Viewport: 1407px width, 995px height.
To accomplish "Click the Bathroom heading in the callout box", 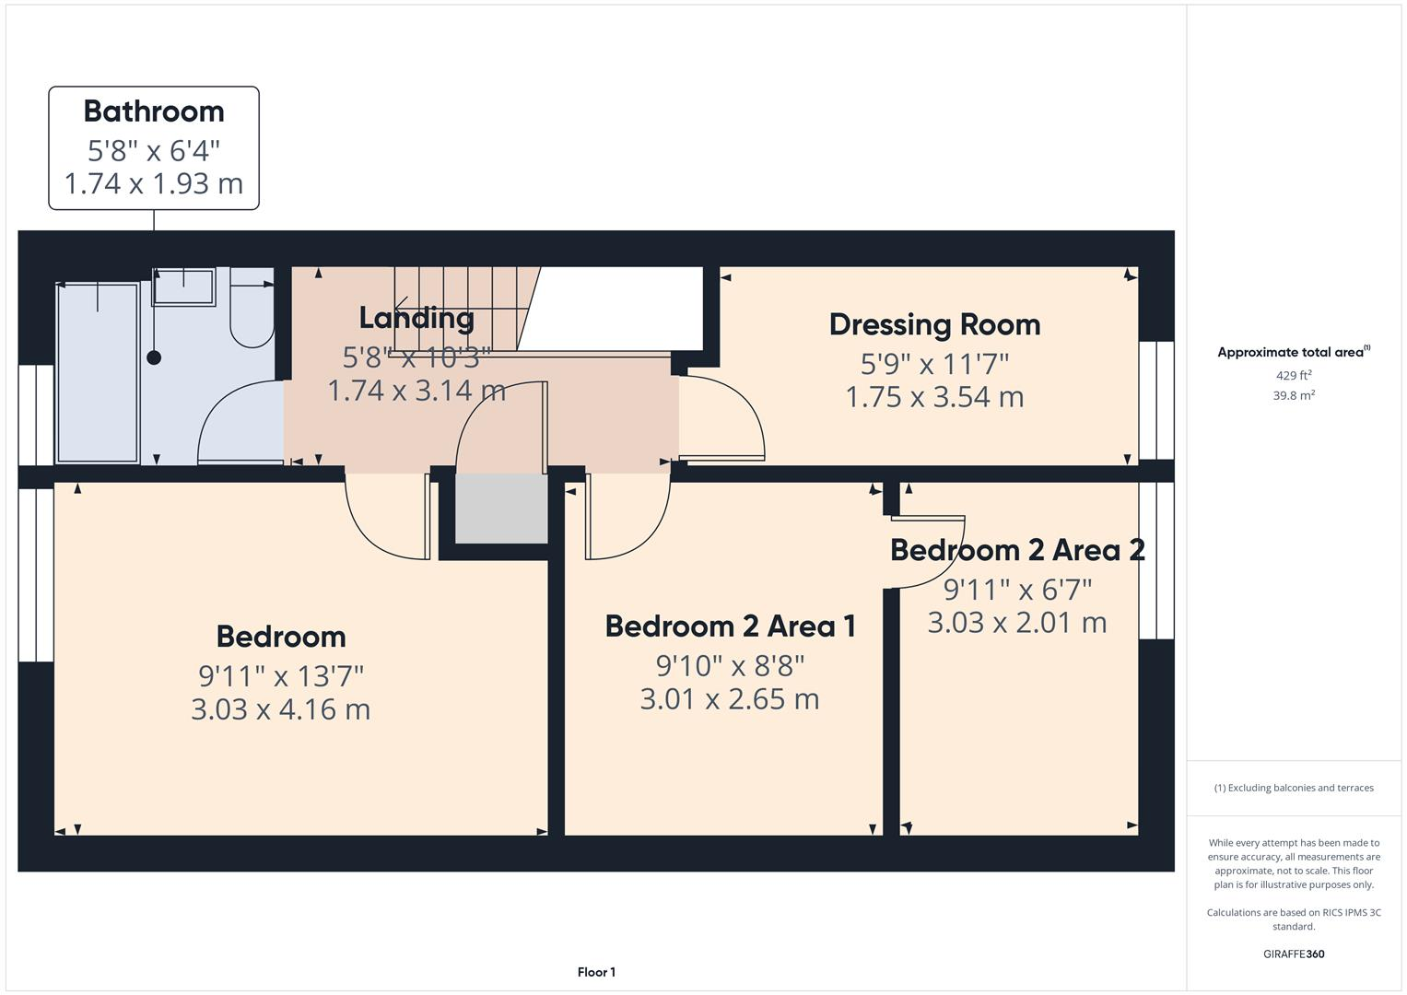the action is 154,111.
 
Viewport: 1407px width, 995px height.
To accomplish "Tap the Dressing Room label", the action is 934,325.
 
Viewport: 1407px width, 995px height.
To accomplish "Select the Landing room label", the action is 416,318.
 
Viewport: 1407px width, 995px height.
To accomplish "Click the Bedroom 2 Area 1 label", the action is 730,626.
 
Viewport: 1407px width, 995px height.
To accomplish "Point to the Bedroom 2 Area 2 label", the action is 1017,550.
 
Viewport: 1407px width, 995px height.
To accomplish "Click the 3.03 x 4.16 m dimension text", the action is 281,709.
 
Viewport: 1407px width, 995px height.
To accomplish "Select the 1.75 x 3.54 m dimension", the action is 934,397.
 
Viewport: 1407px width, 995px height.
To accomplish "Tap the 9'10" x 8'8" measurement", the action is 730,666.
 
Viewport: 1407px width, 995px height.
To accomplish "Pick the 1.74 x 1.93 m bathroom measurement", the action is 154,184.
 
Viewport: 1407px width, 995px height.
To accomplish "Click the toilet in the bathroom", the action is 252,308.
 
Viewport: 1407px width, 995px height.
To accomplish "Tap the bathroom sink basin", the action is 184,287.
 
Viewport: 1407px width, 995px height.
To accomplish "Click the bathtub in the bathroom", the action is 98,373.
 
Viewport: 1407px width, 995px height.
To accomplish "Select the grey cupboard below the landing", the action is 501,509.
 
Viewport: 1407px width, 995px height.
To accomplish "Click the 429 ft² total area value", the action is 1294,376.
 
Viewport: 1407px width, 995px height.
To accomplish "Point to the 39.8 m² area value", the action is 1294,396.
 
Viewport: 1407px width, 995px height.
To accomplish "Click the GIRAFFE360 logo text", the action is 1294,954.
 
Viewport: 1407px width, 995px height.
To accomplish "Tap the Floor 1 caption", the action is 596,972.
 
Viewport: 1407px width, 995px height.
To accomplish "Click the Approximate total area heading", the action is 1294,352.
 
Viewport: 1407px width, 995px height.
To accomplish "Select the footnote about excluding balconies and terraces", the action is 1294,788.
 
